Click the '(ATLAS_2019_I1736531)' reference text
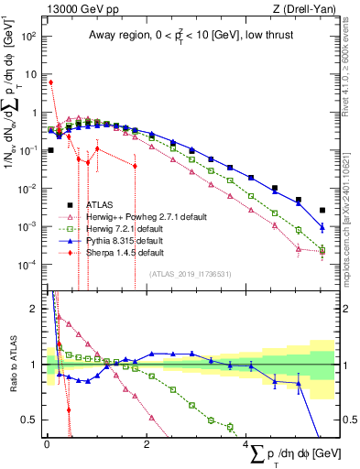point(190,273)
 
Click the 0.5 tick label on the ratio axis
point(29,420)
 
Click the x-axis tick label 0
point(46,444)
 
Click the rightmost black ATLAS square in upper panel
point(322,210)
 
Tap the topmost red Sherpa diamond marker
point(51,82)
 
